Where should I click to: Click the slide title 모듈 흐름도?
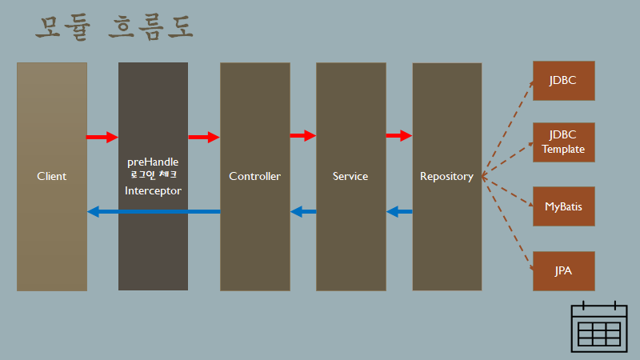coord(114,28)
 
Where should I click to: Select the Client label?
coord(52,176)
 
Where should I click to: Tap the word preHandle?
coord(153,161)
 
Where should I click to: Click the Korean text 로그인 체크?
coord(153,174)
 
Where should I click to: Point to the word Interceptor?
coord(153,190)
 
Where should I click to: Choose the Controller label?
coord(254,176)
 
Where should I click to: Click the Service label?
coord(350,176)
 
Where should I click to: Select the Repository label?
coord(446,176)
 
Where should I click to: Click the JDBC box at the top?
coord(563,81)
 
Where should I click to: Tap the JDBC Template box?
coord(563,142)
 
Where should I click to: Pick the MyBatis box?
coord(563,206)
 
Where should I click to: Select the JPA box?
coord(563,270)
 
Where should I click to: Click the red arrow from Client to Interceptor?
coord(102,137)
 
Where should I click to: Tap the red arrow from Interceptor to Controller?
coord(203,137)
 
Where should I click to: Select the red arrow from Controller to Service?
coord(302,136)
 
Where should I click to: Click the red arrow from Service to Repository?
coord(398,136)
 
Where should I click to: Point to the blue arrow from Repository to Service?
coord(399,212)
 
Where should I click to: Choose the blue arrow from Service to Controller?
coord(303,212)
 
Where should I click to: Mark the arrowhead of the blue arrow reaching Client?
coord(93,212)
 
